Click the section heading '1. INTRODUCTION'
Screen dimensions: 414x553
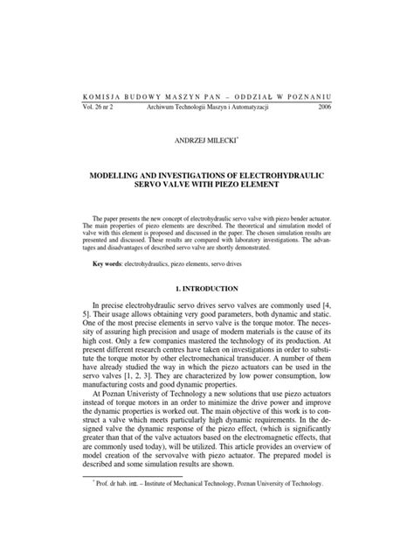click(x=207, y=289)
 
